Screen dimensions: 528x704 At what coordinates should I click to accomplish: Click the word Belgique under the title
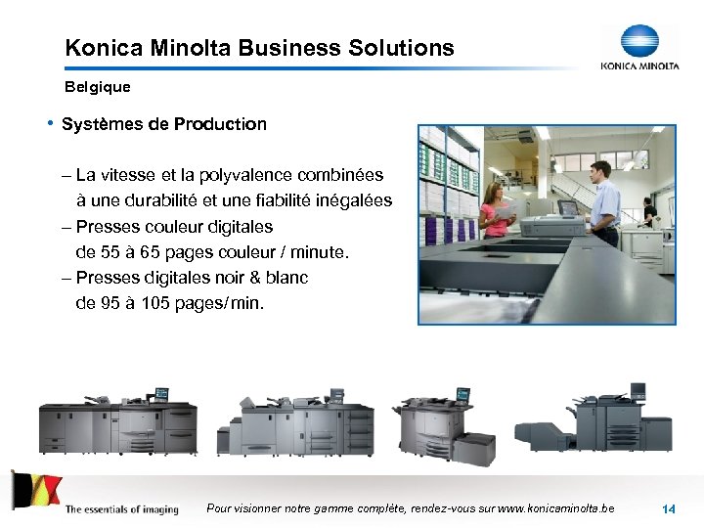97,87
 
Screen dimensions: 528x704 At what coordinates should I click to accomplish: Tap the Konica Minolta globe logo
640,41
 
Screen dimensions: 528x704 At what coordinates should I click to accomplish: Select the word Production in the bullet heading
220,124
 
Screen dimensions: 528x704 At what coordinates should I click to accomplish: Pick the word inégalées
349,200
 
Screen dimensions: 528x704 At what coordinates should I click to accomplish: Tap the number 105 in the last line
154,303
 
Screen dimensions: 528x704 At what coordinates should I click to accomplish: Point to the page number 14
669,509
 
